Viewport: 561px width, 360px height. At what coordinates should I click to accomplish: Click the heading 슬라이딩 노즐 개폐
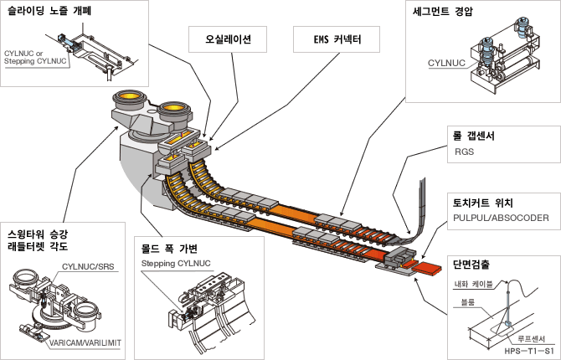pos(49,11)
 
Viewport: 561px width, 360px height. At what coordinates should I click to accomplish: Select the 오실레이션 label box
pos(228,39)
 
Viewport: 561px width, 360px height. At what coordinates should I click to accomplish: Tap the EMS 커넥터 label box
pos(337,39)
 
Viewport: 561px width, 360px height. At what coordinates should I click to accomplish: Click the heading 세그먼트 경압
pos(443,12)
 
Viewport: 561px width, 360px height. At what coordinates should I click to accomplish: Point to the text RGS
pos(464,152)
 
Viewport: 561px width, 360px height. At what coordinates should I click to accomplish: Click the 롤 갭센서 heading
pos(474,136)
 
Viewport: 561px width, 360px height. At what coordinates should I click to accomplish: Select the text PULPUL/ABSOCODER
pos(501,218)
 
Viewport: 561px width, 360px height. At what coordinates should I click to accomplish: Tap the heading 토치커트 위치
pos(483,203)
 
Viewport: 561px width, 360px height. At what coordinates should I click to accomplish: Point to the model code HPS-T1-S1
pos(529,351)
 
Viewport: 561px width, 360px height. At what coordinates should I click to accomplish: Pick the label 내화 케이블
pos(474,285)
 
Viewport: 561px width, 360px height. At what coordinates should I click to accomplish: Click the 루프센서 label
pos(532,338)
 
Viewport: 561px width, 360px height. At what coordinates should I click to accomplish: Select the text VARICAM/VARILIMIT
pos(85,342)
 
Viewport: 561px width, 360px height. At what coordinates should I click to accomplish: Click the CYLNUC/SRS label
pos(88,266)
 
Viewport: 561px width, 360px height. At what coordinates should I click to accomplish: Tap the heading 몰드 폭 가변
pos(169,249)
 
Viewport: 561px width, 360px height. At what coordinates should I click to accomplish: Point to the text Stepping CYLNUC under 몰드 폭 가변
pos(176,264)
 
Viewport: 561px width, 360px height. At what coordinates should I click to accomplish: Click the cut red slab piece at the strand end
pos(428,268)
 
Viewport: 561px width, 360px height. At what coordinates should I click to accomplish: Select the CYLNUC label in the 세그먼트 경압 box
pos(446,64)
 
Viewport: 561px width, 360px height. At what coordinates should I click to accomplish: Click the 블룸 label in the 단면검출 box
pos(468,302)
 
